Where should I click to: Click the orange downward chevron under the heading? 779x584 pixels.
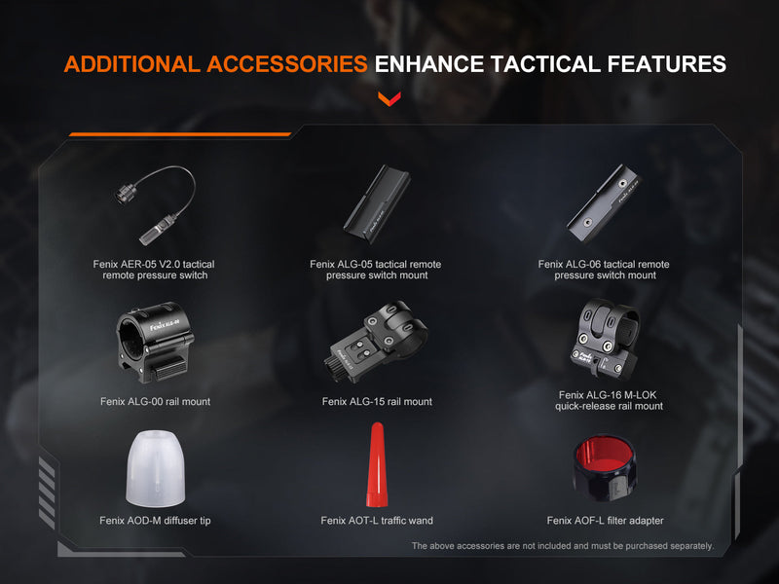[389, 98]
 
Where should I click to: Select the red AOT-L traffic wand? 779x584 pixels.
[377, 465]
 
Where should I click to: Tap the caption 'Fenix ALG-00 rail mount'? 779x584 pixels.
[155, 401]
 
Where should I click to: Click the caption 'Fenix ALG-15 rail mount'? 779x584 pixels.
[377, 401]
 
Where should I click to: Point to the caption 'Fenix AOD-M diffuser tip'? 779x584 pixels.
[155, 521]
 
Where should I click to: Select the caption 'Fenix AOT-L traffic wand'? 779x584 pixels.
[377, 521]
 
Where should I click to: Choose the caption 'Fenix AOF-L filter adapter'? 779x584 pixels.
[605, 521]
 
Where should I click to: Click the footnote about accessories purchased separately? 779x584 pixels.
[562, 546]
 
